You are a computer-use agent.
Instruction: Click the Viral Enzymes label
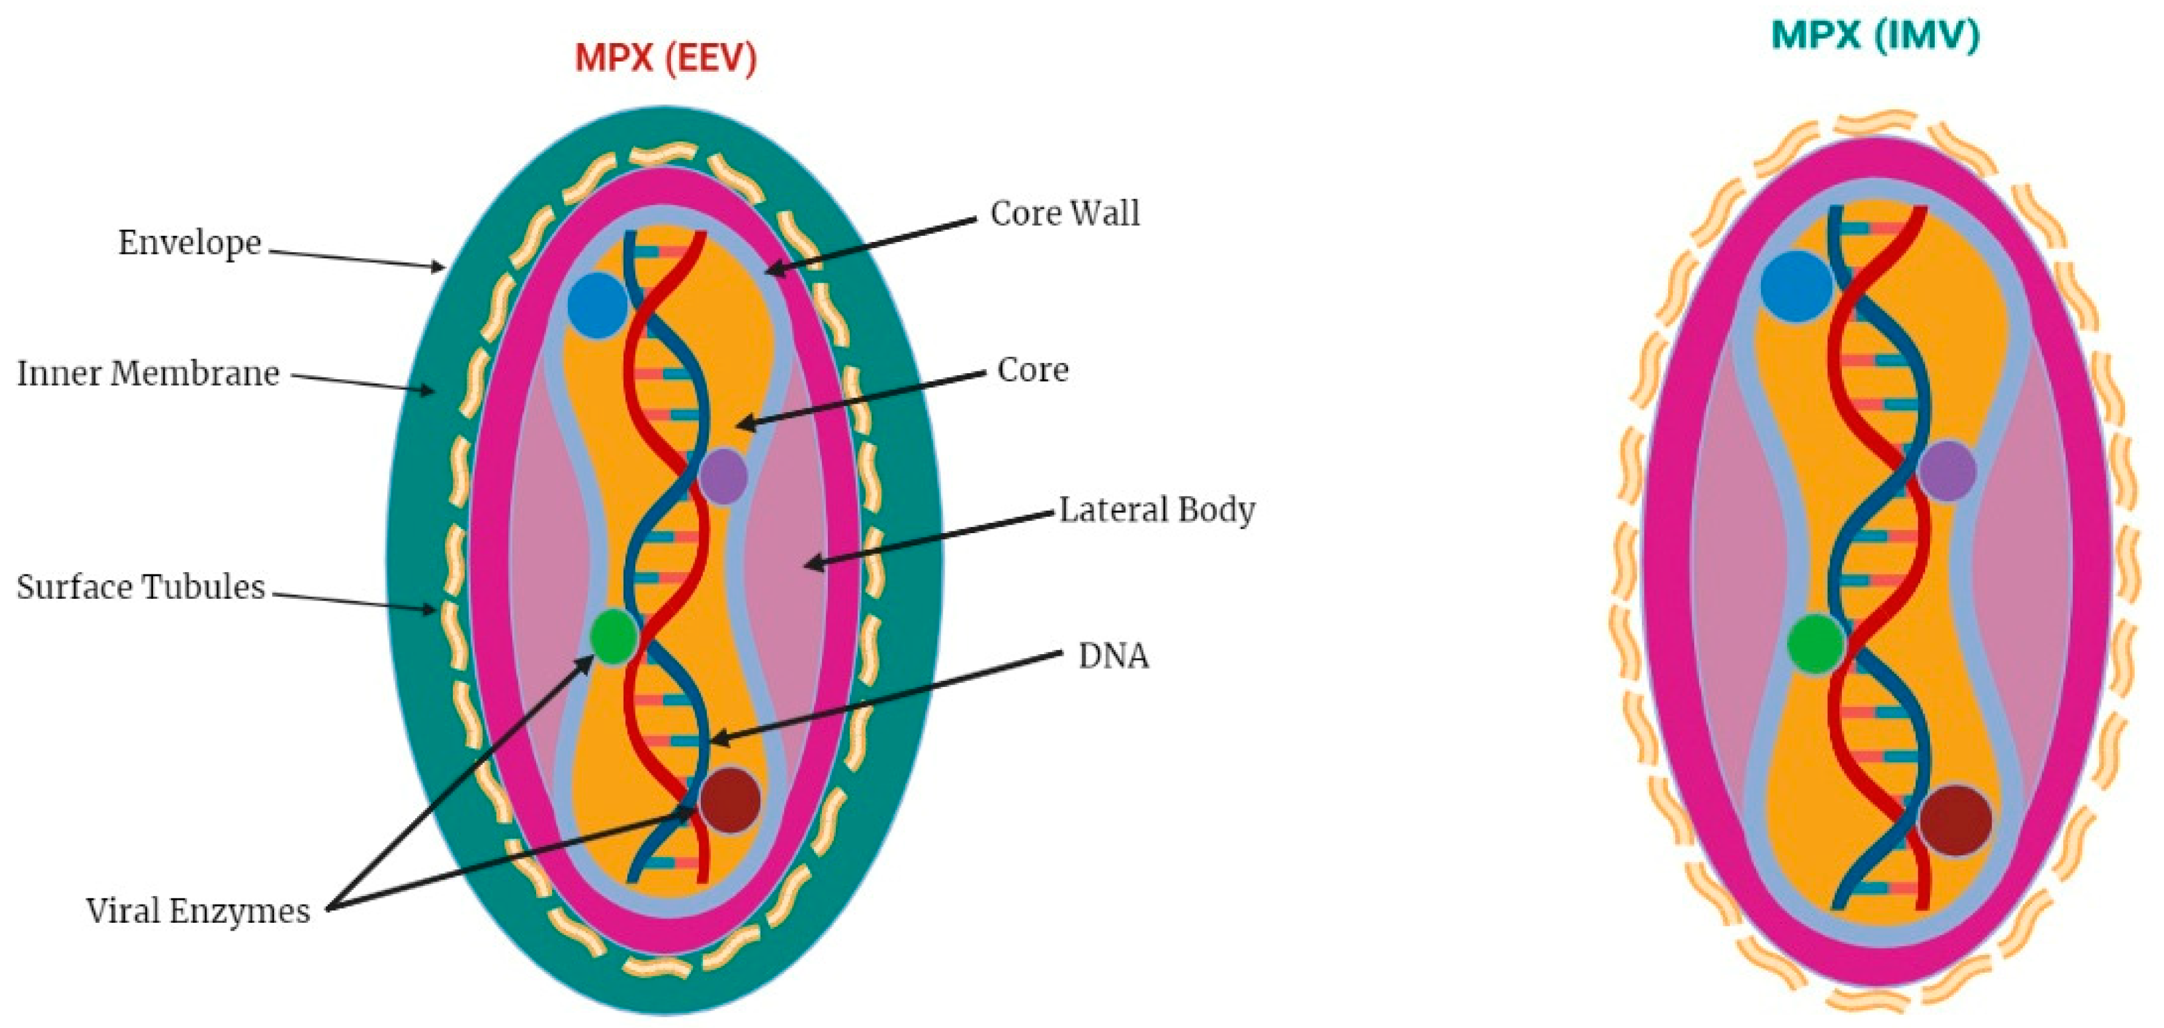pos(198,911)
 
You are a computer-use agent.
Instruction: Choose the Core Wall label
pos(1064,213)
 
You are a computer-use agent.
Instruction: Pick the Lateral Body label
pos(1156,509)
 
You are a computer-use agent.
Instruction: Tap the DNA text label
pos(1112,656)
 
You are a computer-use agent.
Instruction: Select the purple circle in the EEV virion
pos(723,475)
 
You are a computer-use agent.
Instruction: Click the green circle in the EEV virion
pos(613,636)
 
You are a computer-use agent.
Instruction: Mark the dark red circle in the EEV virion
pos(729,799)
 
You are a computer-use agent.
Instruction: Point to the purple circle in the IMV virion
pos(1947,471)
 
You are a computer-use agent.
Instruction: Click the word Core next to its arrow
pos(1032,370)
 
